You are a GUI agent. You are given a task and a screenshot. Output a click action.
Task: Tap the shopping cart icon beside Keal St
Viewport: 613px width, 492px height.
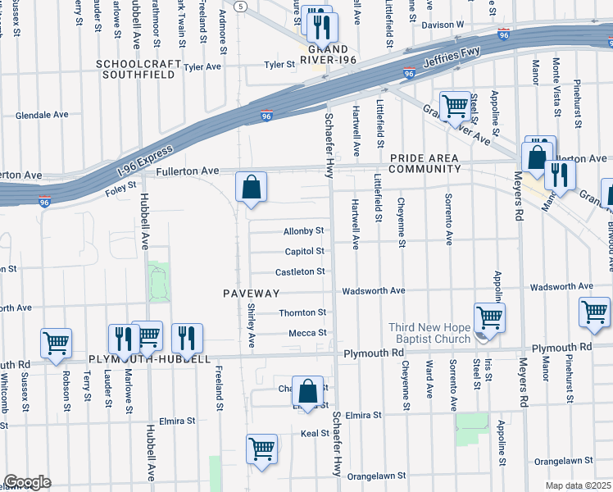click(x=261, y=449)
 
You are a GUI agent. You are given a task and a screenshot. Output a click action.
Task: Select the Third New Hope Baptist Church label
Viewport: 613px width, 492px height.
click(x=429, y=333)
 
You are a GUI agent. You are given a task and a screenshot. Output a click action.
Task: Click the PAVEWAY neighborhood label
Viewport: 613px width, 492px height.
click(x=252, y=293)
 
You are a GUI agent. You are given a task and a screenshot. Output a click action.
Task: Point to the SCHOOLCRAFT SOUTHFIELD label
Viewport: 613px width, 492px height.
click(x=136, y=69)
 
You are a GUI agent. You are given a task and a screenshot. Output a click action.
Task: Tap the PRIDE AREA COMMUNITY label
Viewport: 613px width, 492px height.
click(x=425, y=163)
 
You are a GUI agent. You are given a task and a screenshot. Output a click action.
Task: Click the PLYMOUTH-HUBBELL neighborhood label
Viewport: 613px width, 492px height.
click(x=150, y=359)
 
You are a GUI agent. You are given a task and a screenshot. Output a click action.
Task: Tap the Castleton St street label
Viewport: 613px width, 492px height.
click(x=301, y=271)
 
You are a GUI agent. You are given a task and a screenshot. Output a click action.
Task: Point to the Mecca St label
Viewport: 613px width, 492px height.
click(x=307, y=333)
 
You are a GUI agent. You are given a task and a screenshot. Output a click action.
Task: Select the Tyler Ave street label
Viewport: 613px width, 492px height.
click(x=202, y=66)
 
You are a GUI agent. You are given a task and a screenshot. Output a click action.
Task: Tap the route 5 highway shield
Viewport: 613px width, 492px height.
click(x=239, y=6)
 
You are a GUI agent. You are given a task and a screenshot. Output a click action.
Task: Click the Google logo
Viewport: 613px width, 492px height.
click(x=27, y=482)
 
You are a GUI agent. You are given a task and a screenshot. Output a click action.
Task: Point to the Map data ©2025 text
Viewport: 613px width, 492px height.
click(x=577, y=485)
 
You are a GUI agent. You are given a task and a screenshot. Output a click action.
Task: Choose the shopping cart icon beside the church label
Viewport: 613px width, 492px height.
click(x=489, y=317)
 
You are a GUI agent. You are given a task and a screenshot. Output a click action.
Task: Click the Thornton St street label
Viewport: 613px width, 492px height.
click(x=302, y=312)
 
